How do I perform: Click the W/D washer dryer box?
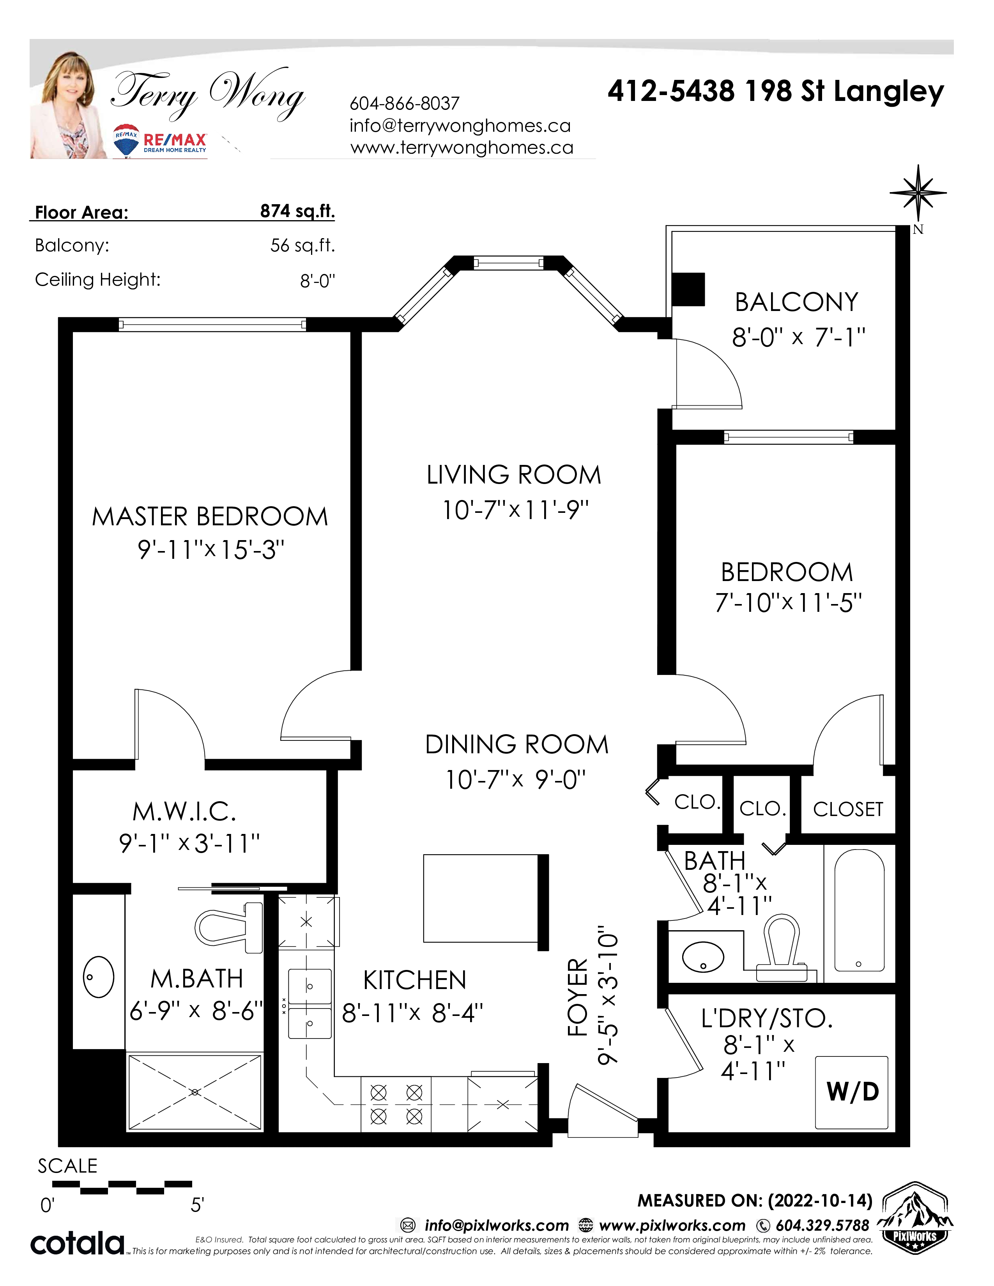coord(851,1092)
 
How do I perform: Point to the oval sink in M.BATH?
coord(98,976)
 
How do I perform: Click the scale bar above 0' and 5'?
coord(122,1187)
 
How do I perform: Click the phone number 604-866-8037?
coord(405,104)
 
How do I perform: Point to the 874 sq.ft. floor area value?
coord(297,211)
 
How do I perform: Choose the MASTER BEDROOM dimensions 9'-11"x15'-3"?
coord(211,550)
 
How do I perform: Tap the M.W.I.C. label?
coord(184,811)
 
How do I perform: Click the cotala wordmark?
coord(77,1243)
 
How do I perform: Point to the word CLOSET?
coord(848,809)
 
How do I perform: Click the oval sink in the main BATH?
coord(703,957)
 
